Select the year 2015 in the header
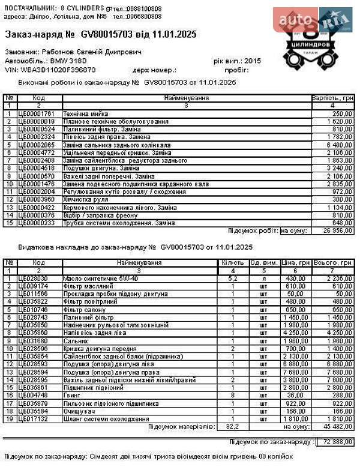pos(253,61)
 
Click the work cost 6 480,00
pos(339,145)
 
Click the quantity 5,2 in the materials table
pos(232,279)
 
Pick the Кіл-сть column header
pos(232,263)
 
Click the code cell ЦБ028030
pos(34,279)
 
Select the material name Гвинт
pos(71,396)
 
